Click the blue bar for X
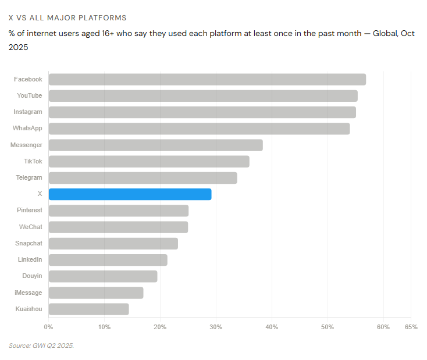coord(130,194)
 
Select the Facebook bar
coord(207,79)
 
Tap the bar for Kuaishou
coord(88,309)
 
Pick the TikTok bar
coord(149,161)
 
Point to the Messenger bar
coord(155,145)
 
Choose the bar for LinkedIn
coord(108,260)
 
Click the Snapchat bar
coord(113,244)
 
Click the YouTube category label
coord(29,95)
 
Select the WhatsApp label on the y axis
coord(27,128)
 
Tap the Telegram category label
coord(29,177)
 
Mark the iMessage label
coord(28,293)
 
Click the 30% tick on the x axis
coord(216,327)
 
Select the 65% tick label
coord(411,327)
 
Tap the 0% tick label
coord(48,327)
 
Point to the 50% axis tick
coord(328,327)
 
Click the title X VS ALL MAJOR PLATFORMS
coord(67,18)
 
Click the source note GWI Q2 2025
coord(41,345)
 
